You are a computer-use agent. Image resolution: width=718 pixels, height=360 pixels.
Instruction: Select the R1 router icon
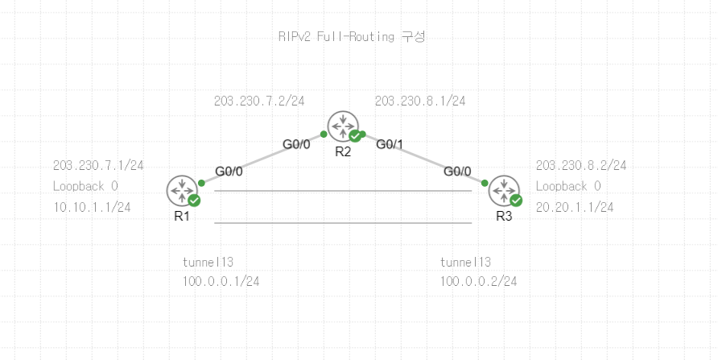tap(181, 190)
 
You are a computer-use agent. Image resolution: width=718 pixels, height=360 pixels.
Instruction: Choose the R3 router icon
tap(503, 190)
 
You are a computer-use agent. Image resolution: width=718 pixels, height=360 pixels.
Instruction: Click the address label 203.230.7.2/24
tap(259, 101)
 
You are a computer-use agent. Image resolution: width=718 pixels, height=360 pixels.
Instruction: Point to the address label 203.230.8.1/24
tap(420, 101)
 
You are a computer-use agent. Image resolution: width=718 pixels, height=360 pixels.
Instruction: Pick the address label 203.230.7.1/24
tap(98, 166)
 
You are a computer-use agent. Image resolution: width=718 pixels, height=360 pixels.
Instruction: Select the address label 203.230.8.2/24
tap(581, 166)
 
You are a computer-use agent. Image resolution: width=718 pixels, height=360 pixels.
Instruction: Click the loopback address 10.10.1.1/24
tap(92, 208)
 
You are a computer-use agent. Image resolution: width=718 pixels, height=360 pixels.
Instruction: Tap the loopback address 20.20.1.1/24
tap(575, 208)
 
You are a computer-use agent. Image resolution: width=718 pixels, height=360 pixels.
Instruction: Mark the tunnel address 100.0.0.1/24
tap(221, 281)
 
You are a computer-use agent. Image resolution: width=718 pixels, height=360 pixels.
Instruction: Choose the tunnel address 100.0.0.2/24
tap(478, 281)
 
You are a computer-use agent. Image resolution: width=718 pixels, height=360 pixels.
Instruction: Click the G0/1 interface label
tap(390, 145)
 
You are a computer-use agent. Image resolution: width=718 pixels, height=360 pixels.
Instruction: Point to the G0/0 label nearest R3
tap(457, 172)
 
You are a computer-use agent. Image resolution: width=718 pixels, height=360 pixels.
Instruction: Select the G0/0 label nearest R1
tap(229, 172)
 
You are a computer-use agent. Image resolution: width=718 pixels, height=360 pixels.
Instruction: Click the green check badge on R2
tap(355, 136)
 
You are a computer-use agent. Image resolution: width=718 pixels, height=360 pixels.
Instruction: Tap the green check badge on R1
tap(194, 200)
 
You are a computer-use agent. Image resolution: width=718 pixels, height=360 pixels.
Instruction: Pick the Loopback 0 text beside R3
tap(568, 187)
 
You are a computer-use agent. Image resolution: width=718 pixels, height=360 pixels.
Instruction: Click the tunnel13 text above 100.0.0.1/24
tap(208, 263)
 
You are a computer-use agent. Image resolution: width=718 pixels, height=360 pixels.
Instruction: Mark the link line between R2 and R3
tap(423, 158)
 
